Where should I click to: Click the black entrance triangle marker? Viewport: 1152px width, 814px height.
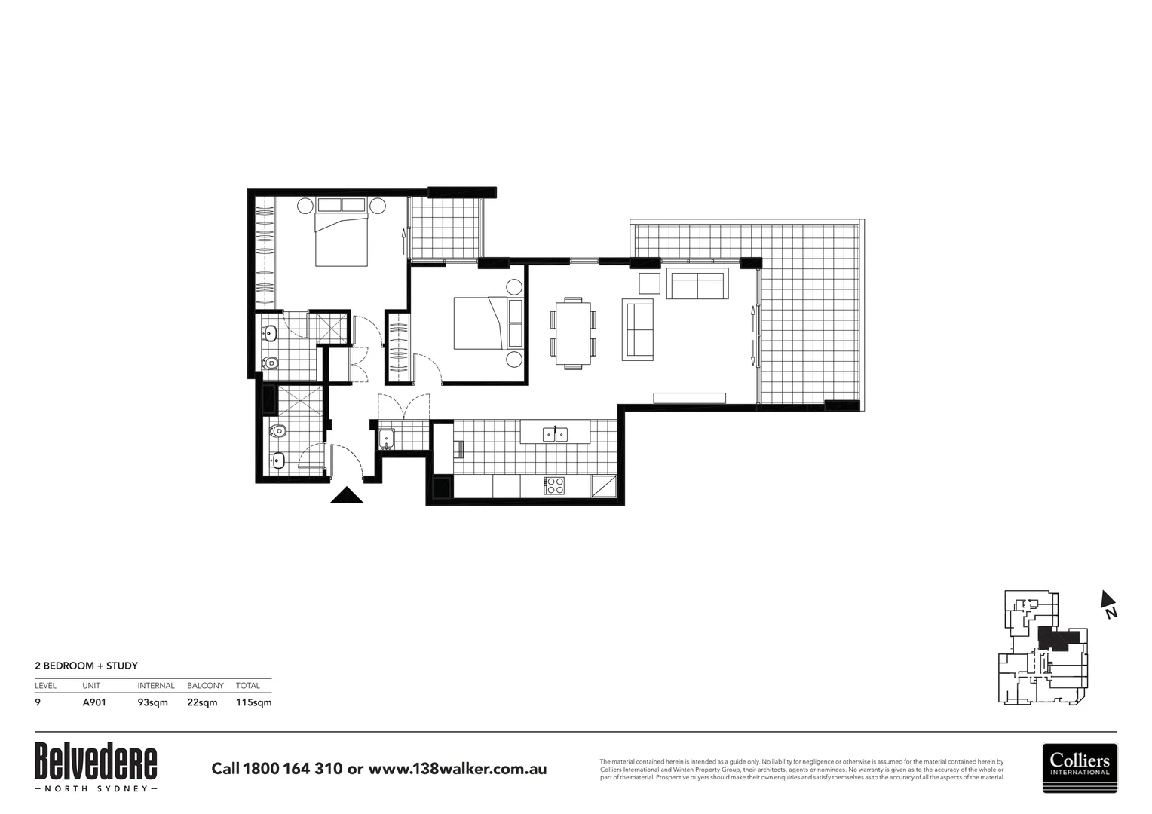coord(347,496)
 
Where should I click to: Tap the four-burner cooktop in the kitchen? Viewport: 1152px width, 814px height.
coord(555,486)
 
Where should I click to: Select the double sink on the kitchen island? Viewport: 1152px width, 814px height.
coord(555,433)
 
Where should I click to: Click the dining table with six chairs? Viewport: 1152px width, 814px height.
coord(574,332)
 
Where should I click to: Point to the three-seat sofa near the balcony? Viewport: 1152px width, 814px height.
coord(697,284)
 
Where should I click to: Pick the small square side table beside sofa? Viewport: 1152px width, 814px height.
coord(649,283)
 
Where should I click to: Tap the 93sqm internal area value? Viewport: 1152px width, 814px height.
coord(152,702)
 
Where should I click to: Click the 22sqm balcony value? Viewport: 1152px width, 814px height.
coord(202,702)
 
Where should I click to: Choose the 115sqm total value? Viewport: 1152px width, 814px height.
coord(253,702)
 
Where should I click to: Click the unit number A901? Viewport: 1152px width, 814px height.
coord(94,702)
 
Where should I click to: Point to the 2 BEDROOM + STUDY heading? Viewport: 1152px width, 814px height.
coord(87,666)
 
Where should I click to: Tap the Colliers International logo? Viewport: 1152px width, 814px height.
coord(1080,767)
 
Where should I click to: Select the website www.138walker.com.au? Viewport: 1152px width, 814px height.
coord(457,769)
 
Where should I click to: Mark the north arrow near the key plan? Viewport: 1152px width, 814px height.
coord(1108,604)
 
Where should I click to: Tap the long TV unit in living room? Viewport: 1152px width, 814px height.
coord(689,398)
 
